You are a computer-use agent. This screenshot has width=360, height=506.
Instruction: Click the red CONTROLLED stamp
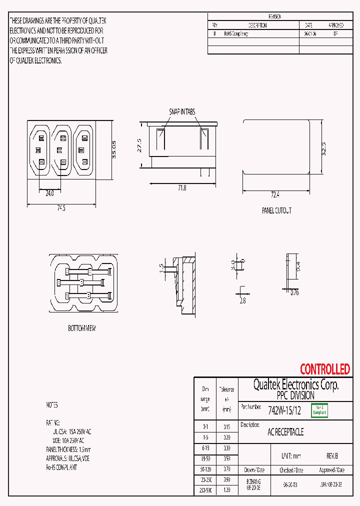click(x=324, y=369)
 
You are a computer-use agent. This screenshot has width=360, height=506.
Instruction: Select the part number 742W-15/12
click(x=284, y=411)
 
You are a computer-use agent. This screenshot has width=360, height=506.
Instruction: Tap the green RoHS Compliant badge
click(x=319, y=410)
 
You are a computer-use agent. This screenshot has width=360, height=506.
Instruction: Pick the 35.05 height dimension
click(x=114, y=149)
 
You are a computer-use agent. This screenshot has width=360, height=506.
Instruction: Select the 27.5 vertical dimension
click(x=140, y=145)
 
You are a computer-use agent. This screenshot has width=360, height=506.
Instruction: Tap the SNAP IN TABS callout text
click(x=181, y=111)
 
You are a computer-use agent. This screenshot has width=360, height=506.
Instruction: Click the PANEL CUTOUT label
click(x=276, y=211)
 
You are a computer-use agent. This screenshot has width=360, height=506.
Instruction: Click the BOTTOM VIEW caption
click(x=81, y=328)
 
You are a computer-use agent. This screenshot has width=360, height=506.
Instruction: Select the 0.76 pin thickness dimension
click(x=294, y=293)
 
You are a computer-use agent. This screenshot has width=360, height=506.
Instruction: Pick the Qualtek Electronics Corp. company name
click(x=295, y=384)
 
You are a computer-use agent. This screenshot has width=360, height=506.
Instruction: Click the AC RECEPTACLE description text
click(x=285, y=432)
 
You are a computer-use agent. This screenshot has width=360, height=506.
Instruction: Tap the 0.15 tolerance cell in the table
click(x=226, y=427)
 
